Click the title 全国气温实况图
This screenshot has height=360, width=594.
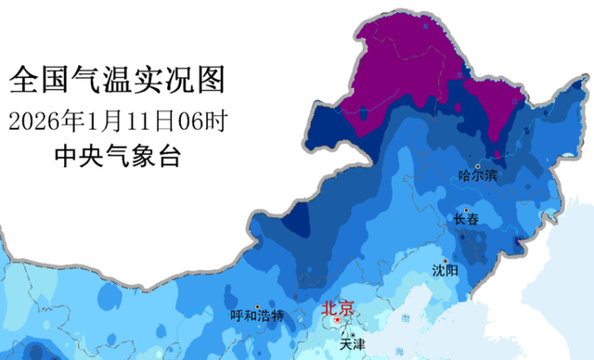[x=117, y=80]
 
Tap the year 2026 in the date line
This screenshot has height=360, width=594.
[x=32, y=121]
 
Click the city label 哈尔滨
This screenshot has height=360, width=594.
[x=478, y=174]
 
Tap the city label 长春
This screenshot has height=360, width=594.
[x=467, y=220]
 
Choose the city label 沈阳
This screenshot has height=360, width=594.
[x=445, y=270]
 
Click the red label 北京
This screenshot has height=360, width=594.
[x=337, y=310]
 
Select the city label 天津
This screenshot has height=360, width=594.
[x=352, y=343]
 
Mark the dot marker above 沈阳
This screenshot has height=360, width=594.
[x=445, y=260]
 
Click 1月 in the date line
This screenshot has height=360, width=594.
[x=102, y=121]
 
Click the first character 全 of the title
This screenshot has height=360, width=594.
[x=23, y=80]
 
